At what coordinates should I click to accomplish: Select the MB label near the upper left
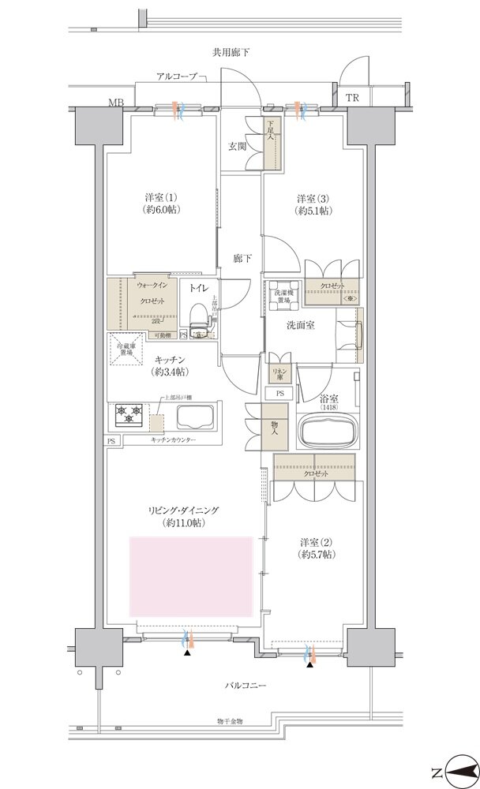click(x=116, y=103)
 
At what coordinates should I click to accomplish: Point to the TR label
click(x=351, y=98)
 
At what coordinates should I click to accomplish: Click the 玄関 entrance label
click(x=238, y=145)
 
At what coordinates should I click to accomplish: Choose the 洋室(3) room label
click(x=313, y=204)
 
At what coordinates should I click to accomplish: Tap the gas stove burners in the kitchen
click(x=129, y=411)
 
